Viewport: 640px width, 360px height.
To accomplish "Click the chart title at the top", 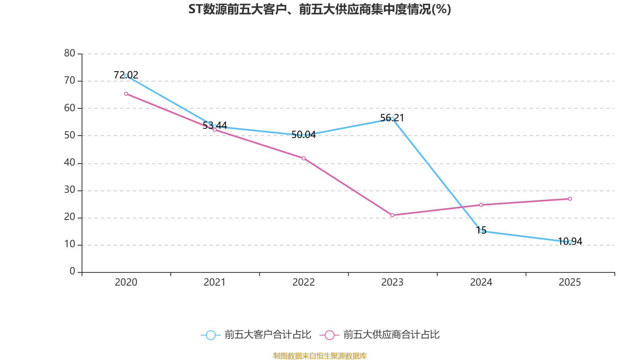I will pos(320,9).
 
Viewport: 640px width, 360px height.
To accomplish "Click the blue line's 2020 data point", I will pos(126,76).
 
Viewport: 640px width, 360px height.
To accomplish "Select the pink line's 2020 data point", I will pos(126,94).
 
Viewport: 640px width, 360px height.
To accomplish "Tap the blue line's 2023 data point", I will pos(392,119).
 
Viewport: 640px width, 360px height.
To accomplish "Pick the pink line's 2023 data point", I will pos(392,215).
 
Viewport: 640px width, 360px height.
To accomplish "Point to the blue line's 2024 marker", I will pos(481,231).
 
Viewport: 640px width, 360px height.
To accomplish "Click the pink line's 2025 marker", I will pos(570,199).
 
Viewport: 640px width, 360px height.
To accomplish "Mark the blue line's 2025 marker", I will pos(570,242).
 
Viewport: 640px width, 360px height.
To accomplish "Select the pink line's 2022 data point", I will pos(304,158).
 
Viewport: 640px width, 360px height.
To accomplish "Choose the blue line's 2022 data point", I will pos(304,136).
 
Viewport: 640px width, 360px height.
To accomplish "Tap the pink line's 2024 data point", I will pos(481,205).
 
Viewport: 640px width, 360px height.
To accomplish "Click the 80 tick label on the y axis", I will pos(70,53).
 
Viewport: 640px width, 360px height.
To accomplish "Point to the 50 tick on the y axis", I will pos(70,135).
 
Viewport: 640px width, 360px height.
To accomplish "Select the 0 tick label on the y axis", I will pos(72,271).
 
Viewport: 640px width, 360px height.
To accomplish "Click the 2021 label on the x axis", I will pos(215,282).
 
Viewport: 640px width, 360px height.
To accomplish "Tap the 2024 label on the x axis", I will pos(481,282).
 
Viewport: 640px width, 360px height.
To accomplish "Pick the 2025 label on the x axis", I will pos(570,282).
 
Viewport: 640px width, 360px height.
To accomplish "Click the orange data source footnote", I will pos(320,356).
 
